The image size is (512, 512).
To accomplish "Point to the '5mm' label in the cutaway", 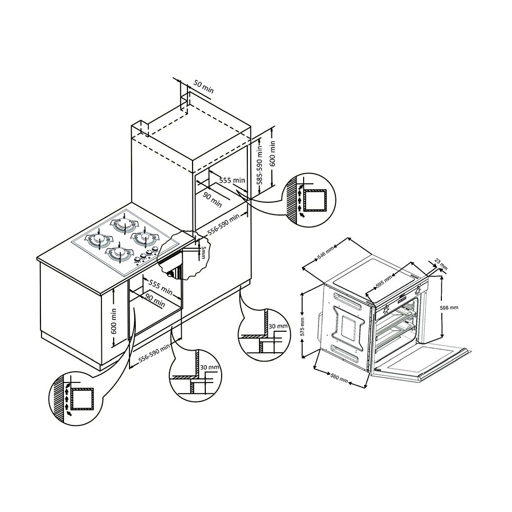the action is (x=203, y=251).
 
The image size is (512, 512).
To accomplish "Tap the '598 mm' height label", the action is (x=450, y=307).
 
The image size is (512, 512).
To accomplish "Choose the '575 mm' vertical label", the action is (x=302, y=327).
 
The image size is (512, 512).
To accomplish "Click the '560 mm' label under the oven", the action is (x=339, y=378).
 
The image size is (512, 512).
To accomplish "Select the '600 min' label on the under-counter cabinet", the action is (x=114, y=321).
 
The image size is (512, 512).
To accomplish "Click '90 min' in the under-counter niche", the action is (x=155, y=300).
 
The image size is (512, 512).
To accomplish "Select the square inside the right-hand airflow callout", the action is (x=315, y=200).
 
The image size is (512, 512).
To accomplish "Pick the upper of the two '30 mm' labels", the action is (x=278, y=326).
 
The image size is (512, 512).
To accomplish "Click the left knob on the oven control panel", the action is (x=386, y=308).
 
